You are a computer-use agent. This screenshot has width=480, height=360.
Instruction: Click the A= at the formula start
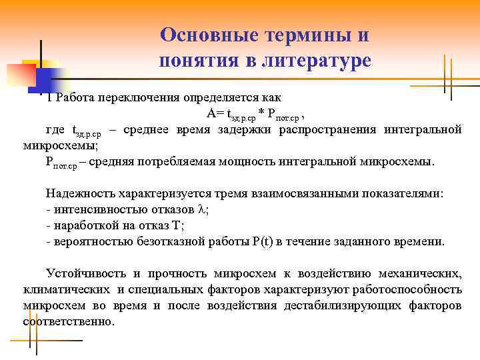[216, 113]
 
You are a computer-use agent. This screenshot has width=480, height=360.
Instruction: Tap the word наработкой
[80, 225]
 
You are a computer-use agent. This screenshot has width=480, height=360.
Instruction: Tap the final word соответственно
[68, 321]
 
